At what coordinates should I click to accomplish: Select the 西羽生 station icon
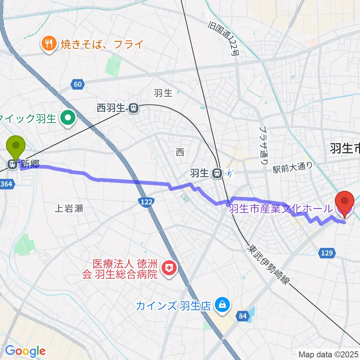133,108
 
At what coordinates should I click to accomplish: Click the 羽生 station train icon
216,173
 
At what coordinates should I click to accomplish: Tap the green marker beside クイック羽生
68,119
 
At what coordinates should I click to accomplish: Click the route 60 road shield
78,84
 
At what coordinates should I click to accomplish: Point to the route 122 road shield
146,202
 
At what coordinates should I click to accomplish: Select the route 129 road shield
327,254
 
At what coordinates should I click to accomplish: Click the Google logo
25,351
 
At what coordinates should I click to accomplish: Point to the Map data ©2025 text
328,354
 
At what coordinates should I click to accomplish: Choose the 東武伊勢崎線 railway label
268,264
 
